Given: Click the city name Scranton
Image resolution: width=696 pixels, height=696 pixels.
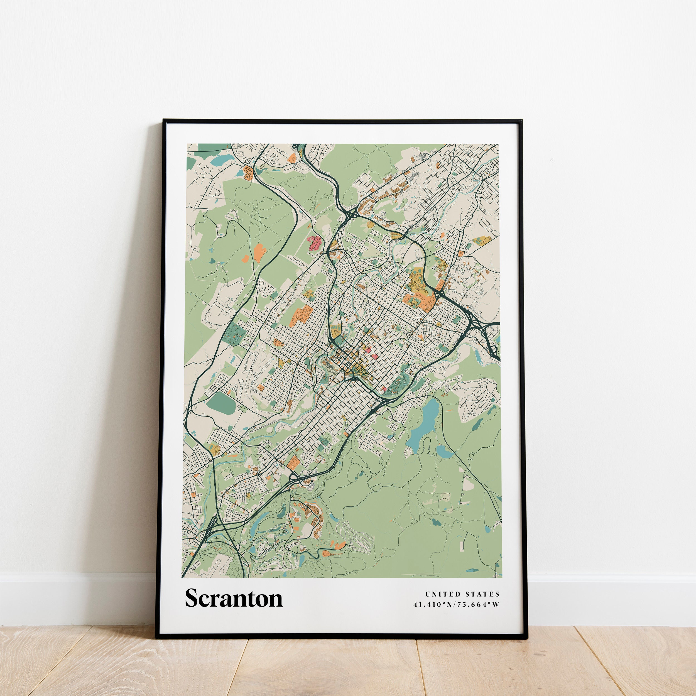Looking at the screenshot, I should coord(234,598).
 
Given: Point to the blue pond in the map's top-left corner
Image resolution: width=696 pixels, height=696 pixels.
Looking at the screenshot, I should coord(218,160).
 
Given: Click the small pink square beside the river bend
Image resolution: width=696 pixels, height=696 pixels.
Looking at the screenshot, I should coord(384,389).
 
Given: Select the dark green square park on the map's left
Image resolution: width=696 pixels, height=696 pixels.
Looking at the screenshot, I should coord(234,332).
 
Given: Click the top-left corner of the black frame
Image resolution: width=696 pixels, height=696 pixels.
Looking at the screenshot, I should coord(163,120).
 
